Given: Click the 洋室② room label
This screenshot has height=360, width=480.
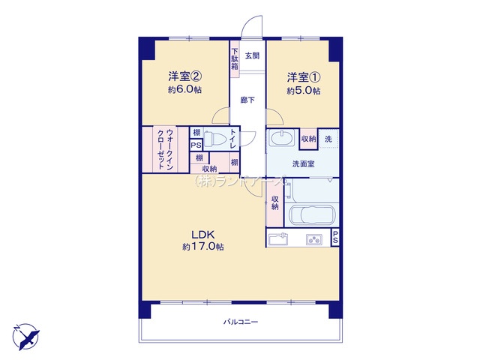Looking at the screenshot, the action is pyautogui.click(x=184, y=76).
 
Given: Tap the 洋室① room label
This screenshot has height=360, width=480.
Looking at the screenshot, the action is pyautogui.click(x=303, y=77).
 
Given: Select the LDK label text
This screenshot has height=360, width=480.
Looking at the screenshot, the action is pyautogui.click(x=203, y=235).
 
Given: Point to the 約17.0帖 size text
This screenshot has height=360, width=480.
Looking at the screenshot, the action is pyautogui.click(x=203, y=247).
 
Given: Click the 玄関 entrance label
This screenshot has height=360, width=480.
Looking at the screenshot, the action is pyautogui.click(x=252, y=55).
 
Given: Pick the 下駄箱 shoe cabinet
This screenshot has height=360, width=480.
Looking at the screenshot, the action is pyautogui.click(x=235, y=59).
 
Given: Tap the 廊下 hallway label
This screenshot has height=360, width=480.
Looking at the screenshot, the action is pyautogui.click(x=247, y=100).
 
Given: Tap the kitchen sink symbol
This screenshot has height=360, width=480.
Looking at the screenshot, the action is pyautogui.click(x=278, y=239).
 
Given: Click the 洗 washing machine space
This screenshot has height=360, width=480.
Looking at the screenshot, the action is pyautogui.click(x=328, y=139).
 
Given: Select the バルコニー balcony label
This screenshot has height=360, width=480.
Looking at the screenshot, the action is pyautogui.click(x=241, y=322).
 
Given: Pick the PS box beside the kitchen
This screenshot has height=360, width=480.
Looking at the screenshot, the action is pyautogui.click(x=335, y=237).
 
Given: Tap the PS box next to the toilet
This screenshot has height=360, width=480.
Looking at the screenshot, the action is pyautogui.click(x=196, y=145).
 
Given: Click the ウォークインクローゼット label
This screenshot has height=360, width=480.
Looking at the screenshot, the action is pyautogui.click(x=165, y=150).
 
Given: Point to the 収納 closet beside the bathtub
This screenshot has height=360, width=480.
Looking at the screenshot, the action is pyautogui.click(x=274, y=203).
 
